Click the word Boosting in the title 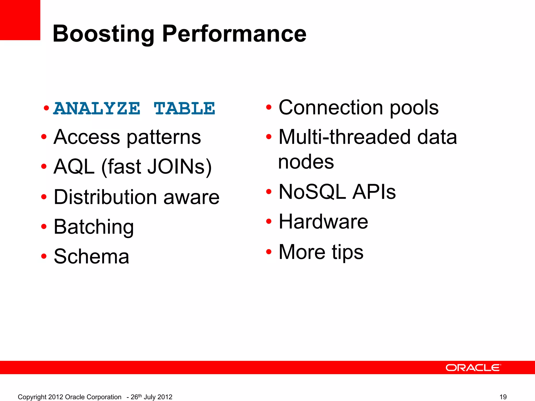103,34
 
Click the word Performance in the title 234,34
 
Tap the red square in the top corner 20,20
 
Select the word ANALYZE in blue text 97,108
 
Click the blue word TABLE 184,108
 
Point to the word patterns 164,137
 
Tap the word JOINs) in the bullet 179,167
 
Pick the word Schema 91,257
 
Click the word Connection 331,108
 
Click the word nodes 306,162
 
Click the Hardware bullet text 323,222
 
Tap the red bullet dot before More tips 269,252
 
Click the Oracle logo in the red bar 473,368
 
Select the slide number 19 503,397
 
